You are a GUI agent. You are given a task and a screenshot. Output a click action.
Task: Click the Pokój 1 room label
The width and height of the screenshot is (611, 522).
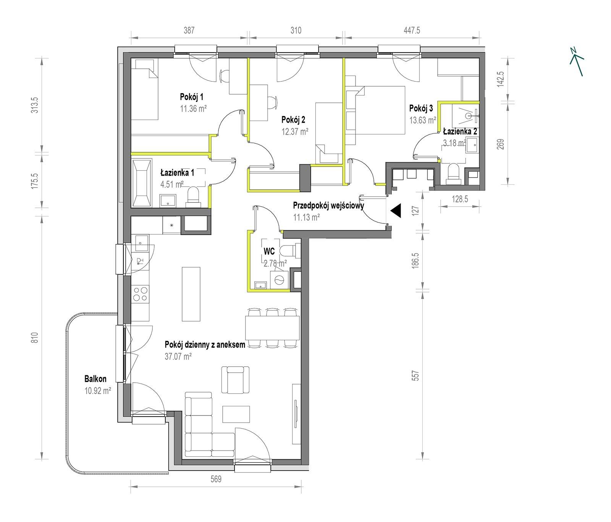tap(191, 97)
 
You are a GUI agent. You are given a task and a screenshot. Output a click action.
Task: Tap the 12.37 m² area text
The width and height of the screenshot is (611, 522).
tap(295, 132)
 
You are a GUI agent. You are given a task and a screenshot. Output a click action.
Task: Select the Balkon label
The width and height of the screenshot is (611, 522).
tap(95, 379)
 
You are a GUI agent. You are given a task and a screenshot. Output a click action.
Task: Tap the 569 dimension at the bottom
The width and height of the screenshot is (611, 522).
tap(216, 479)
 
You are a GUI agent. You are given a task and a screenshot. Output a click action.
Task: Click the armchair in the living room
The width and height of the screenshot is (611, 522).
tap(238, 380)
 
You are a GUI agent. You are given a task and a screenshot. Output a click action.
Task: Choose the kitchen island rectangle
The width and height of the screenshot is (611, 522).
tap(191, 294)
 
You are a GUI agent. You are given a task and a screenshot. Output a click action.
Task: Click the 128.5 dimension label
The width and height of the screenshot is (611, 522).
tap(460, 199)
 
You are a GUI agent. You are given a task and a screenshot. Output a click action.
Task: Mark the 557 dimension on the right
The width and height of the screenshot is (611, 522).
tap(416, 375)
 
